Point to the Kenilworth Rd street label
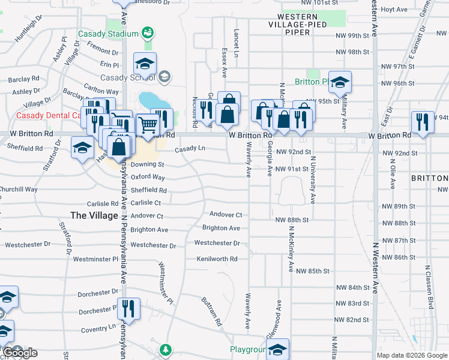click(217, 259)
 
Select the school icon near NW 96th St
click(340, 82)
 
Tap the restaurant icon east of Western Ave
click(423, 122)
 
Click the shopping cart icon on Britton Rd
click(148, 125)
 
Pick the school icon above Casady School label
click(145, 64)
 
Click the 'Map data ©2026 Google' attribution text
click(412, 355)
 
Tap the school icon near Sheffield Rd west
click(82, 148)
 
